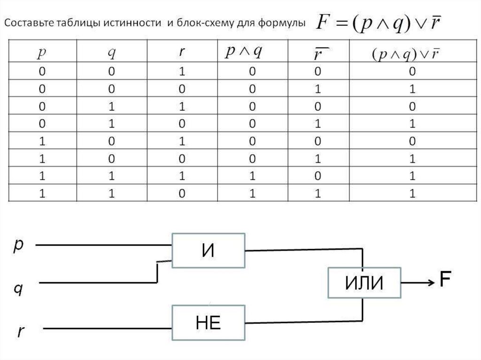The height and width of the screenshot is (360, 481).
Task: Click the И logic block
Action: [x=208, y=250]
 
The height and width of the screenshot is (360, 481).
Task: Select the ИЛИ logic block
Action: [x=365, y=283]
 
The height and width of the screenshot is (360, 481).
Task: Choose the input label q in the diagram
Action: [x=18, y=288]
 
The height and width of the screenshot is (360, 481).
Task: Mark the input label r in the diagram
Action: [x=21, y=331]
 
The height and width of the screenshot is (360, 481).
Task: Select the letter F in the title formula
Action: [x=325, y=22]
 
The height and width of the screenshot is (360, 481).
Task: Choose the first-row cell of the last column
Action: [x=412, y=72]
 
